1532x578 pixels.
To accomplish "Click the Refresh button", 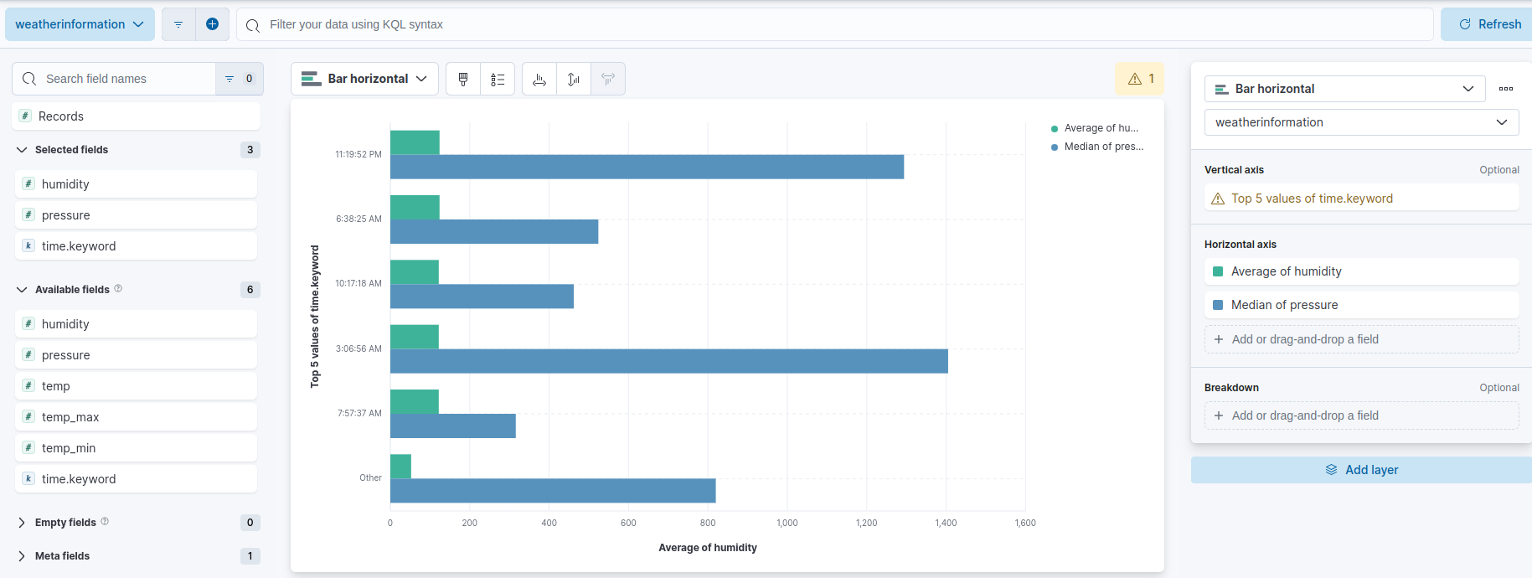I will tap(1489, 24).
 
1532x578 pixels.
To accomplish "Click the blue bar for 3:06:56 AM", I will tap(668, 361).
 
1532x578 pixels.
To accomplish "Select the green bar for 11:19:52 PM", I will tap(415, 142).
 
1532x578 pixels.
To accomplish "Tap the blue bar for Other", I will tap(553, 491).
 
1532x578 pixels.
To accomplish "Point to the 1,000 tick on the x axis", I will tap(787, 523).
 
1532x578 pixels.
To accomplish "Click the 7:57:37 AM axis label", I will tap(359, 413).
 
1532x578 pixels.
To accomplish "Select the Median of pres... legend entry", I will tap(1102, 147).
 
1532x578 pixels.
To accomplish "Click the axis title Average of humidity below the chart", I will tap(707, 548).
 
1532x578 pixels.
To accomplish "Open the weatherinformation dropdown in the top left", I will tap(80, 24).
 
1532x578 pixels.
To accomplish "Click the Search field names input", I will tap(126, 79).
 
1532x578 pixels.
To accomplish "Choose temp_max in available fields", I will tap(70, 417).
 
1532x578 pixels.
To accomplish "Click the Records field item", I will tap(61, 116).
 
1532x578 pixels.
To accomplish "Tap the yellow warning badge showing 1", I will tap(1140, 79).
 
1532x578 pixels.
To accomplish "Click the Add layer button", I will tap(1361, 470).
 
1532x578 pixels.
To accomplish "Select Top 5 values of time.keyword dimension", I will tap(1312, 199).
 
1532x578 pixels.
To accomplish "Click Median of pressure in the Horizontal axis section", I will tap(1284, 305).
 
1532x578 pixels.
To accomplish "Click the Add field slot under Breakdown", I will tap(1361, 415).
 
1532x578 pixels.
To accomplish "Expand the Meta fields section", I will tap(62, 556).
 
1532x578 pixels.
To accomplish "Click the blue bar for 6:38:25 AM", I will tap(494, 232).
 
